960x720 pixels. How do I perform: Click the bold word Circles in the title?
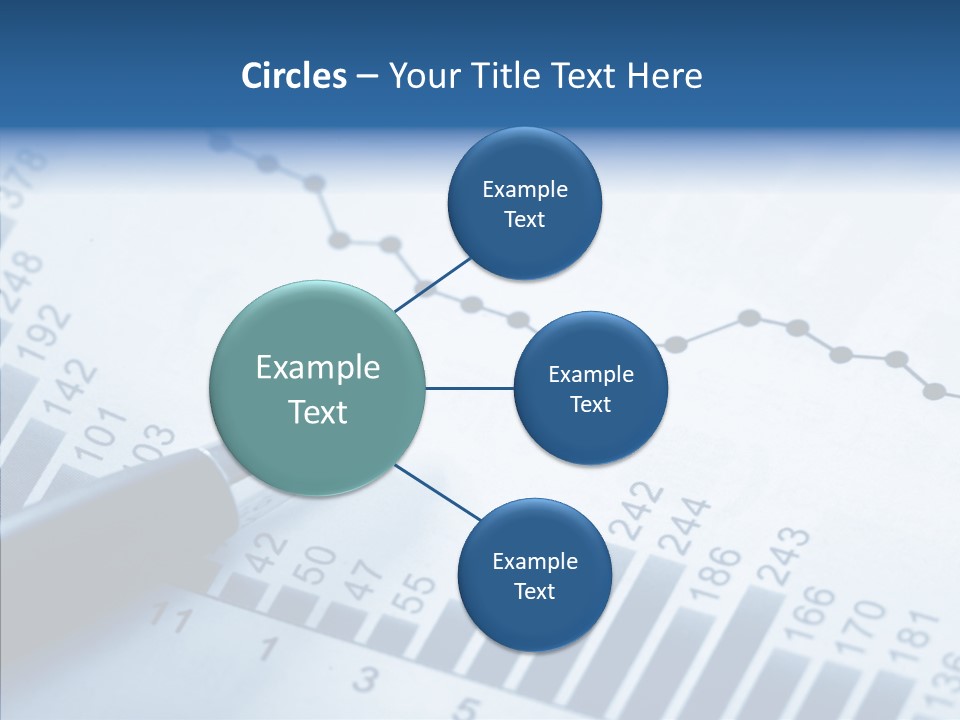294,76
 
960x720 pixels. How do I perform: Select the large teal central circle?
318,388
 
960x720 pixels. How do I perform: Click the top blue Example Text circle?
524,203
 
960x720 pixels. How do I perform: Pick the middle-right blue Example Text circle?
590,388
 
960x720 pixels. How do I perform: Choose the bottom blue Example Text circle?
534,575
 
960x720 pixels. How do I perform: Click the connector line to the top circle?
434,284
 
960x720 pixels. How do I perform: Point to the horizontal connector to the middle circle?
470,388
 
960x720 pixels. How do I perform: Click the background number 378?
24,176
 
